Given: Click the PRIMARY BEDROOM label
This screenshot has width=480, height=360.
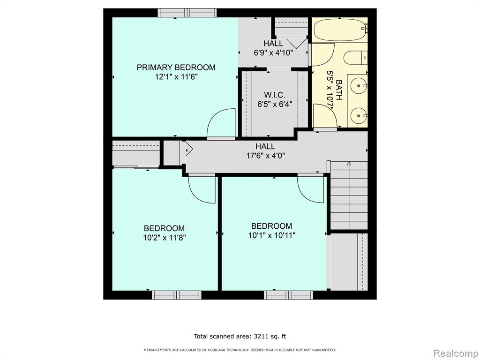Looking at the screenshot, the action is pyautogui.click(x=176, y=67).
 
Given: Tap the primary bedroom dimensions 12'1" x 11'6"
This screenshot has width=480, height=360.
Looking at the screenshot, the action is pyautogui.click(x=176, y=77).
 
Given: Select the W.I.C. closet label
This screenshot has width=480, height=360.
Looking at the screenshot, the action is pyautogui.click(x=275, y=95).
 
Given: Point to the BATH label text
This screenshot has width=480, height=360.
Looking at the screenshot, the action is pyautogui.click(x=339, y=90).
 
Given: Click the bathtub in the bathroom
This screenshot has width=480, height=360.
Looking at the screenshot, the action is pyautogui.click(x=340, y=30).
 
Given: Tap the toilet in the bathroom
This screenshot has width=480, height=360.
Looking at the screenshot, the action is pyautogui.click(x=355, y=58).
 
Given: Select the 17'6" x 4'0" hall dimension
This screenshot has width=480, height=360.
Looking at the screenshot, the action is pyautogui.click(x=266, y=156).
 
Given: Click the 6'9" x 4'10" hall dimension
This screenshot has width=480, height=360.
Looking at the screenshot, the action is pyautogui.click(x=274, y=52).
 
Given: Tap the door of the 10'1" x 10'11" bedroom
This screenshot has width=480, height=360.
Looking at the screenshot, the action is pyautogui.click(x=310, y=188).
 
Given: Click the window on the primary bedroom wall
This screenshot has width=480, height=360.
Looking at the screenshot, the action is pyautogui.click(x=187, y=13).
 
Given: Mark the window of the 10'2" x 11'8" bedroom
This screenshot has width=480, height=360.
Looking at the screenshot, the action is pyautogui.click(x=177, y=295).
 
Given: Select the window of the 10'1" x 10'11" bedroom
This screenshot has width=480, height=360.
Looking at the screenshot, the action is pyautogui.click(x=289, y=295).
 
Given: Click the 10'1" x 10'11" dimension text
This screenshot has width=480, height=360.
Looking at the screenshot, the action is pyautogui.click(x=272, y=235).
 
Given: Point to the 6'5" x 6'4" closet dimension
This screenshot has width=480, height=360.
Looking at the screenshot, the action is pyautogui.click(x=275, y=105).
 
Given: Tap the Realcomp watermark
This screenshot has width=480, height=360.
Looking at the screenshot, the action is pyautogui.click(x=456, y=353).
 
